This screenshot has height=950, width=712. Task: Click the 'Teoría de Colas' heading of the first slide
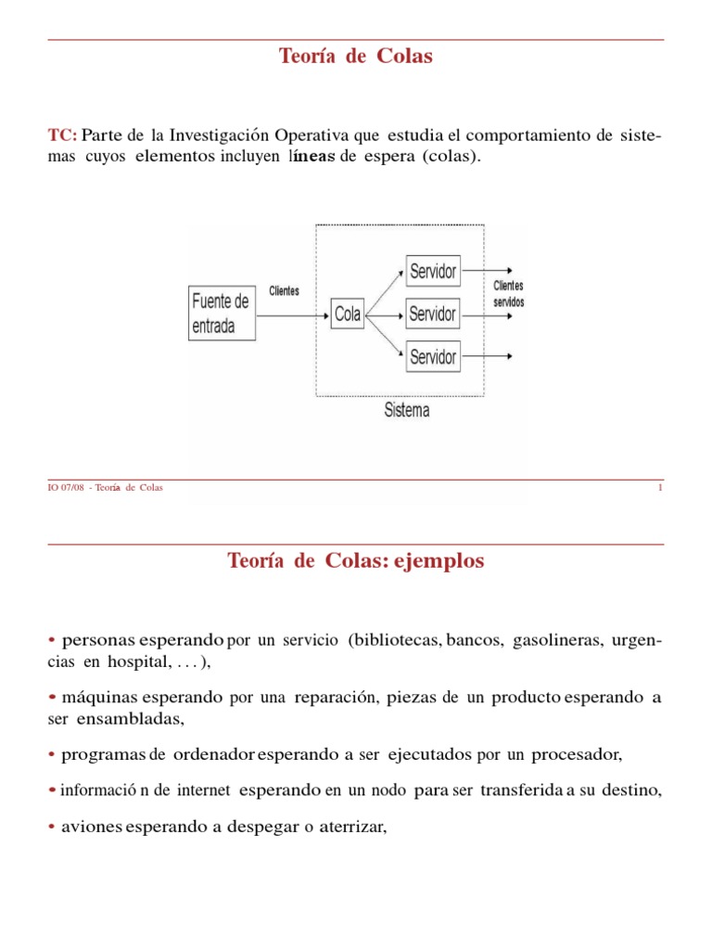click(356, 57)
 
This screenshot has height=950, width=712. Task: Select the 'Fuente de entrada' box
click(221, 314)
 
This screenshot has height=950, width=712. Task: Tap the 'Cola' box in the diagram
click(348, 315)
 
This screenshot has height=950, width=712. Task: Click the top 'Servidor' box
click(432, 272)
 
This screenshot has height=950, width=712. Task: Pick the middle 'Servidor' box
click(432, 314)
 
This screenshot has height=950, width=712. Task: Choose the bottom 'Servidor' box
click(432, 356)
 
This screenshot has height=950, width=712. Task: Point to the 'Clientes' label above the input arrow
click(284, 291)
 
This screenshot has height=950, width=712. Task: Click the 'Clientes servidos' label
click(508, 294)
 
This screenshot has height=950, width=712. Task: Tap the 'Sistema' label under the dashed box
click(406, 409)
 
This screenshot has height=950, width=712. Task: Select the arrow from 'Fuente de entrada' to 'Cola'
click(293, 315)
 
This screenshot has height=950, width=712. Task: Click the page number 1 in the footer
click(660, 488)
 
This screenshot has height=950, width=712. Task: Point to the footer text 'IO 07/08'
click(64, 488)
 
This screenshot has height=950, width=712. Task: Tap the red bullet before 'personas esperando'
click(52, 641)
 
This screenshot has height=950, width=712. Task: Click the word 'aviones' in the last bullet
click(92, 826)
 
